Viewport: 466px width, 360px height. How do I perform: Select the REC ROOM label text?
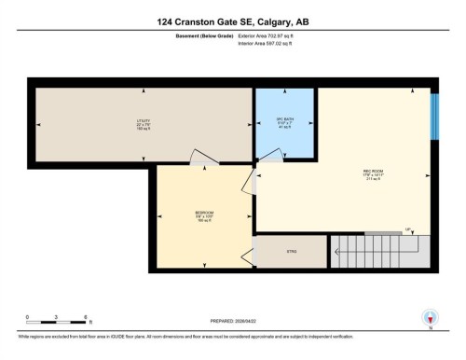tap(373, 173)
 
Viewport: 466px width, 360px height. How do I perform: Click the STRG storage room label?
tap(290, 251)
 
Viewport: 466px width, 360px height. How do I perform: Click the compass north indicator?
tap(429, 318)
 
